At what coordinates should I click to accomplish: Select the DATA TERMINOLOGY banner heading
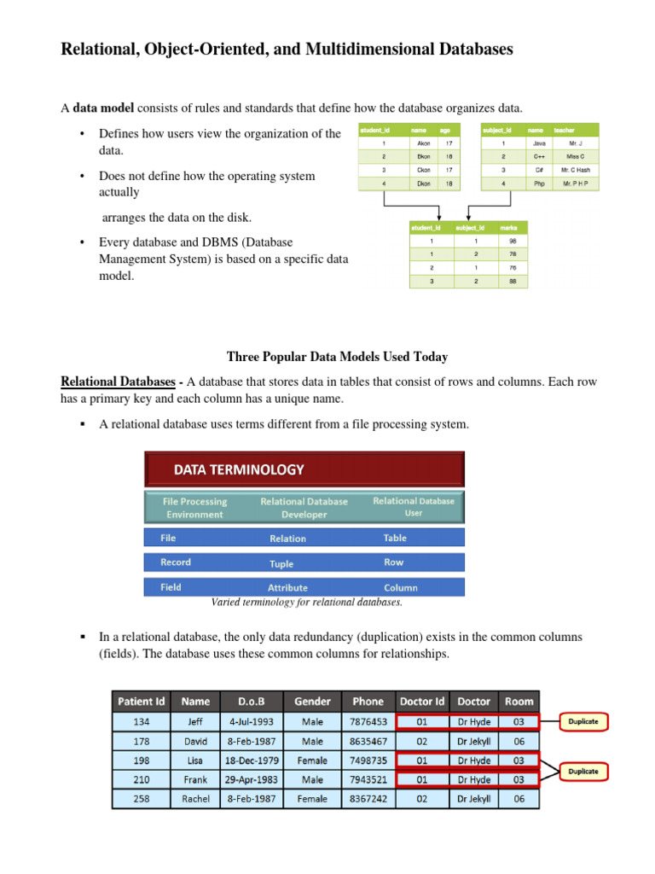pyautogui.click(x=239, y=469)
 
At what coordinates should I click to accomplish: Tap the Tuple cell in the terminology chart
pyautogui.click(x=281, y=563)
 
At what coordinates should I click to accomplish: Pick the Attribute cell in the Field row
pyautogui.click(x=287, y=587)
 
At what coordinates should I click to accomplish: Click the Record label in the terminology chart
pyautogui.click(x=176, y=562)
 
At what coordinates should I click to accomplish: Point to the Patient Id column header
pyautogui.click(x=141, y=701)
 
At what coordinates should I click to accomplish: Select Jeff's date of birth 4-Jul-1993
pyautogui.click(x=252, y=721)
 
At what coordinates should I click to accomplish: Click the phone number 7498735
pyautogui.click(x=368, y=760)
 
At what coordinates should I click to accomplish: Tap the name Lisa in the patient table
pyautogui.click(x=195, y=760)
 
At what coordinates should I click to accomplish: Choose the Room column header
pyautogui.click(x=519, y=701)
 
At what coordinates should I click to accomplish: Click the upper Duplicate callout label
pyautogui.click(x=583, y=721)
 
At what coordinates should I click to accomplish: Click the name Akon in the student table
pyautogui.click(x=419, y=144)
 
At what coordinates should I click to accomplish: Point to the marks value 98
pyautogui.click(x=513, y=241)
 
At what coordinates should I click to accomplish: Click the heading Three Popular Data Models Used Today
pyautogui.click(x=337, y=357)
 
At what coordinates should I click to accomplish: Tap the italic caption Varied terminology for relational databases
pyautogui.click(x=306, y=601)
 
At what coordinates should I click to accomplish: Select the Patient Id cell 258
pyautogui.click(x=141, y=799)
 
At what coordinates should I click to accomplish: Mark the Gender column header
pyautogui.click(x=312, y=701)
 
